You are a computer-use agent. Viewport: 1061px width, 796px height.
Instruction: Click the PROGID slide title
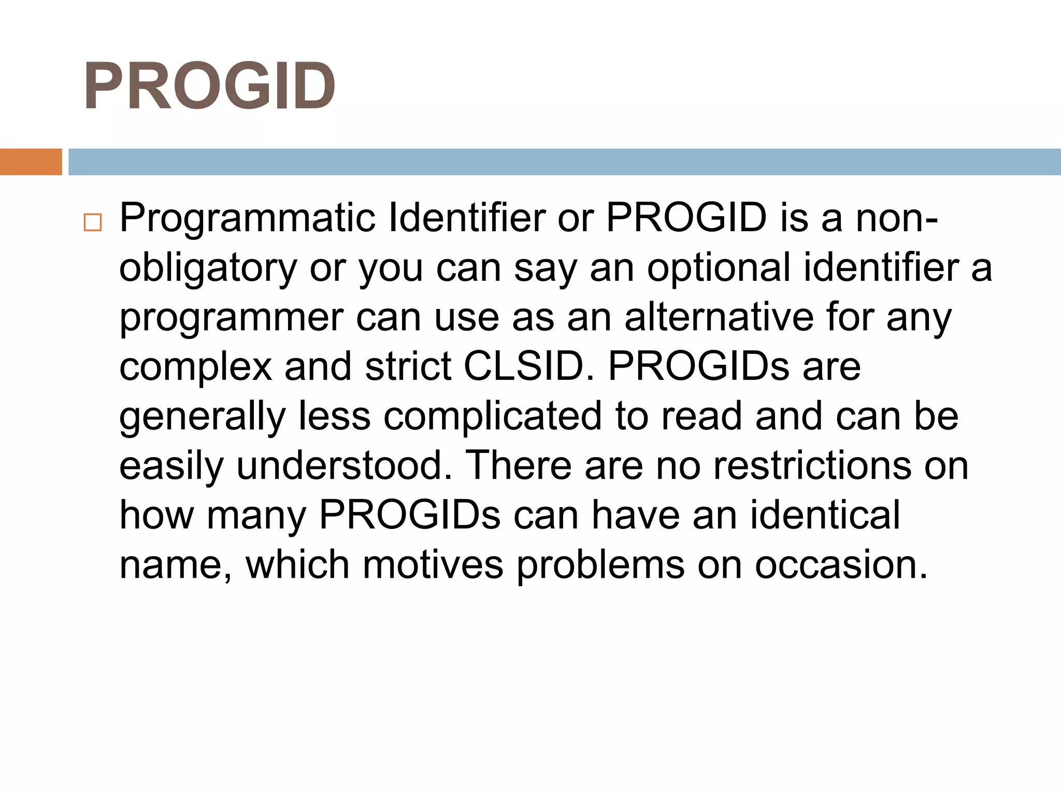(209, 86)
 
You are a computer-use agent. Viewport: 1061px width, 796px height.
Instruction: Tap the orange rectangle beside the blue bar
(31, 162)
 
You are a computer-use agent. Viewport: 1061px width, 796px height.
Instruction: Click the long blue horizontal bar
(564, 162)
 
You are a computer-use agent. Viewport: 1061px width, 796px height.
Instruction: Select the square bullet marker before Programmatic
(92, 222)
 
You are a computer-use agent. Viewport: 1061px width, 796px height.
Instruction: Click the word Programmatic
(247, 219)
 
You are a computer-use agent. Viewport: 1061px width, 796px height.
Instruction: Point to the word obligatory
(208, 268)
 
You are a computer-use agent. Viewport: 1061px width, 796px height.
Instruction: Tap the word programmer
(231, 318)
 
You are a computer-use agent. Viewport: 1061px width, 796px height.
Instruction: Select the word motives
(433, 564)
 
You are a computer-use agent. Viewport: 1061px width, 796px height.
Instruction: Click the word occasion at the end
(840, 564)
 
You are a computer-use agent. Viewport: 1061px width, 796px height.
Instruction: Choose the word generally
(202, 417)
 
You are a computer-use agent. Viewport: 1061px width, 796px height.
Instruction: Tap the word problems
(600, 565)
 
